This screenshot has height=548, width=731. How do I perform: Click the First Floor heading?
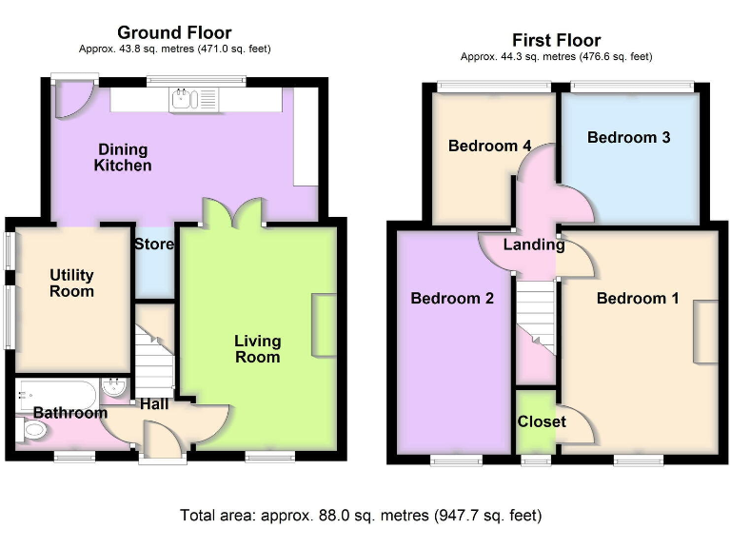(556, 40)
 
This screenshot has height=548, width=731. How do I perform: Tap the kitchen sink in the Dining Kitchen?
(193, 98)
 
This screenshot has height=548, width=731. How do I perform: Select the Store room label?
(154, 245)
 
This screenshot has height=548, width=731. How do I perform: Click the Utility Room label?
(72, 284)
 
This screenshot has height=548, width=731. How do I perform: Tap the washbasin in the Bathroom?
(115, 387)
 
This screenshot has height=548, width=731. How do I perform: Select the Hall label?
(155, 405)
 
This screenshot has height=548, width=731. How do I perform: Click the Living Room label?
(258, 348)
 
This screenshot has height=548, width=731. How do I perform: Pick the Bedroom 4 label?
(489, 147)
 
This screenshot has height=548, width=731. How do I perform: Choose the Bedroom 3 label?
(628, 138)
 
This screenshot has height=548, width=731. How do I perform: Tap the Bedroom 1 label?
(637, 298)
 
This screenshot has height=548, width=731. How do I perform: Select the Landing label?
(534, 245)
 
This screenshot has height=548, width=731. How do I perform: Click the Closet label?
(542, 421)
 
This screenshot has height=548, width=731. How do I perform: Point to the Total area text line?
(361, 515)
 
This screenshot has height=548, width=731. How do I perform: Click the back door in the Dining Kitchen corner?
(70, 99)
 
